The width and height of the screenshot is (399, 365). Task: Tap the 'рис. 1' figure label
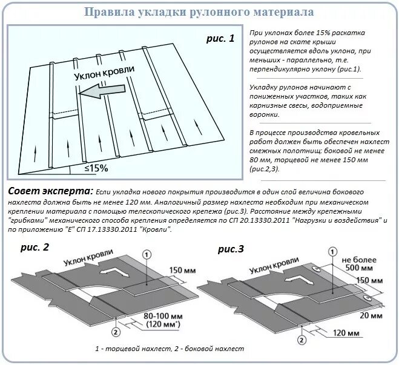219,39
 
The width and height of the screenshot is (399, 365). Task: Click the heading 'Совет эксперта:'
51,191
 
